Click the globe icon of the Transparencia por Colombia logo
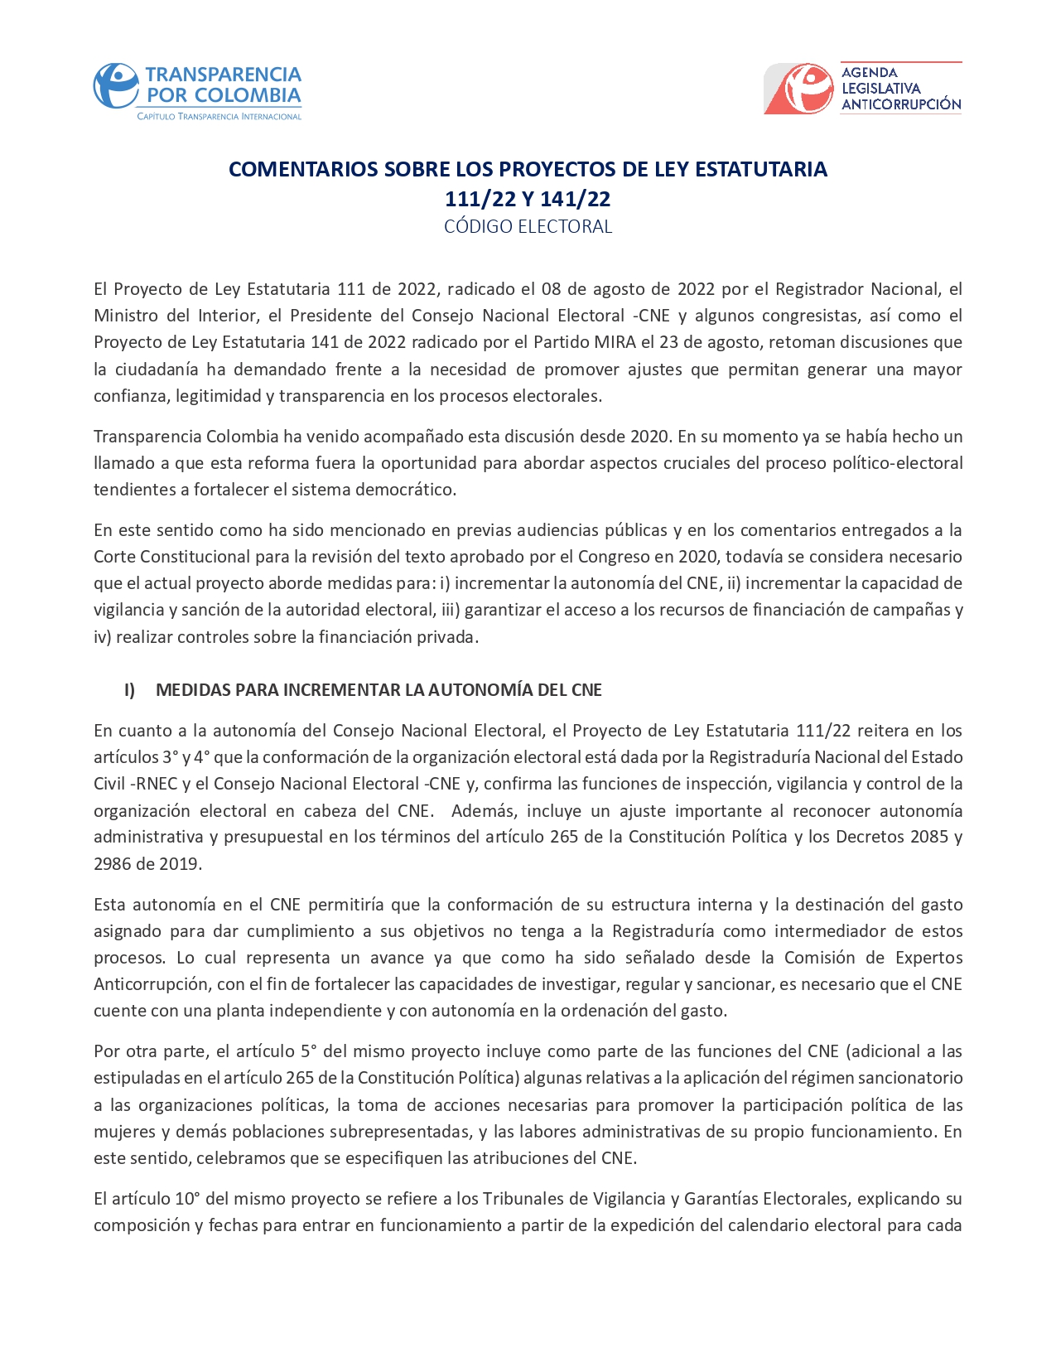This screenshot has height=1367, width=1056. (115, 86)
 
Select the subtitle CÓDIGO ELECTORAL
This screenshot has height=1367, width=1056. (528, 226)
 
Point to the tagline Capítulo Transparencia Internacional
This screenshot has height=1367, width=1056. (219, 117)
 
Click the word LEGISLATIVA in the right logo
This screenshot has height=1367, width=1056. (880, 88)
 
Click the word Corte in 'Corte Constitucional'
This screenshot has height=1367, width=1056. (114, 557)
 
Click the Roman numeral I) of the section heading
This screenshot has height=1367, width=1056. (130, 690)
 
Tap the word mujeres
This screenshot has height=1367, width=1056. (122, 1132)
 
